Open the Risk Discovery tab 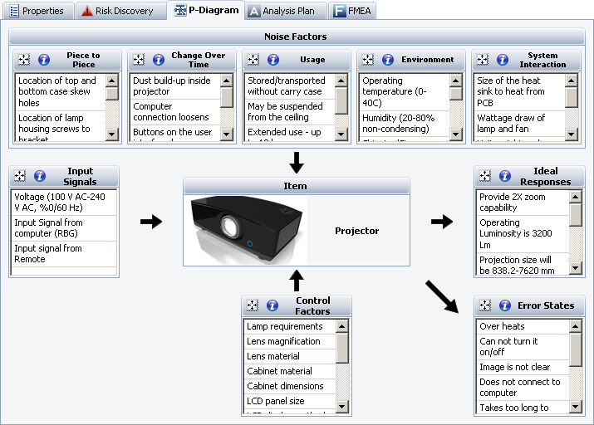point(118,11)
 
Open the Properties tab point(38,11)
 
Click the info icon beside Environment point(387,60)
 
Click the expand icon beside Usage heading point(253,60)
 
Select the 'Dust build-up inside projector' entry point(173,86)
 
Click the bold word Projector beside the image point(356,231)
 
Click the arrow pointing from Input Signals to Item point(151,222)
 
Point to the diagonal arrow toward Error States point(442,296)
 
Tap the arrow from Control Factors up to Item point(296,280)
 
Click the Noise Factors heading point(296,37)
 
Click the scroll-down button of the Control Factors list point(342,407)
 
